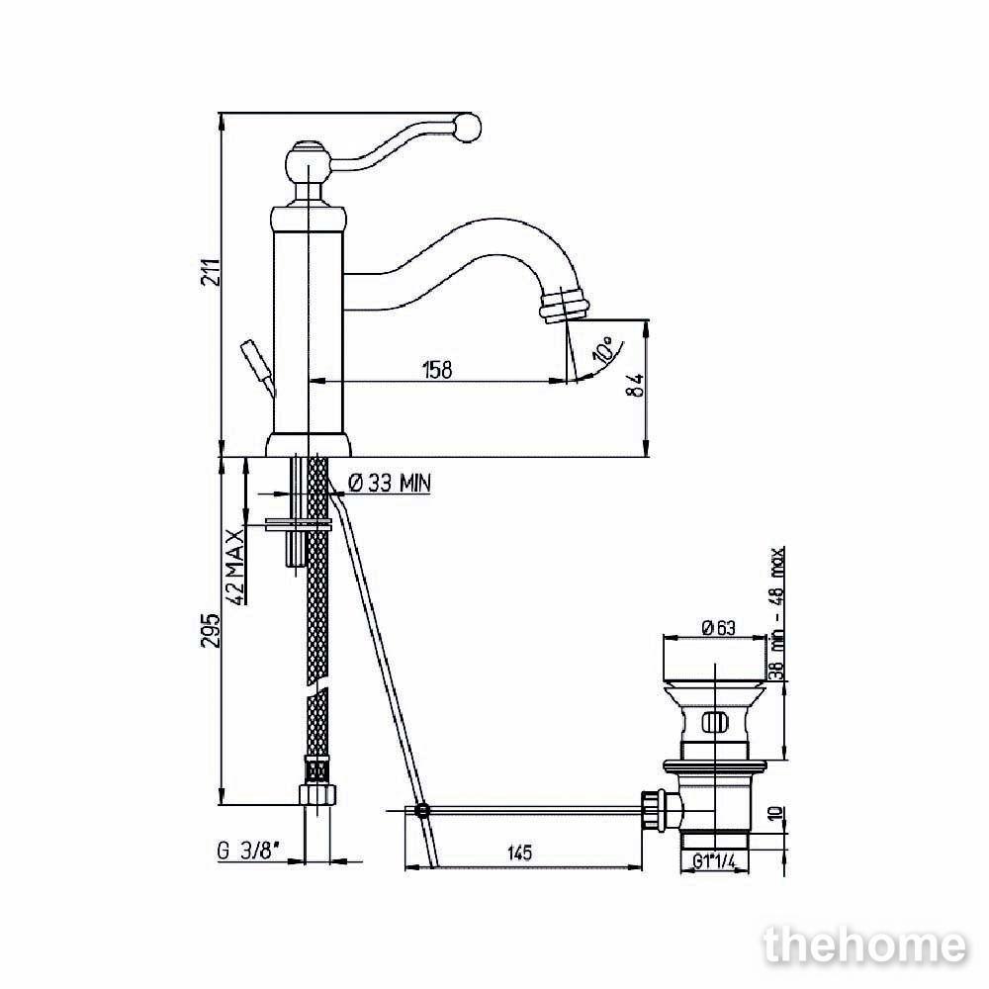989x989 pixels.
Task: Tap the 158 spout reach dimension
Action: (x=438, y=369)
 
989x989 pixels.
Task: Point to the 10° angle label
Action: (x=603, y=349)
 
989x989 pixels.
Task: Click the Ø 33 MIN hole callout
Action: (x=390, y=484)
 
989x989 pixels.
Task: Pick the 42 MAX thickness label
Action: (x=234, y=567)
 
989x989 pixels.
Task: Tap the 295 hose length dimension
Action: (x=213, y=630)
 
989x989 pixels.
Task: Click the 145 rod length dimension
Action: (x=520, y=853)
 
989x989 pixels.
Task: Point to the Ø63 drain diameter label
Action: (x=718, y=628)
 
